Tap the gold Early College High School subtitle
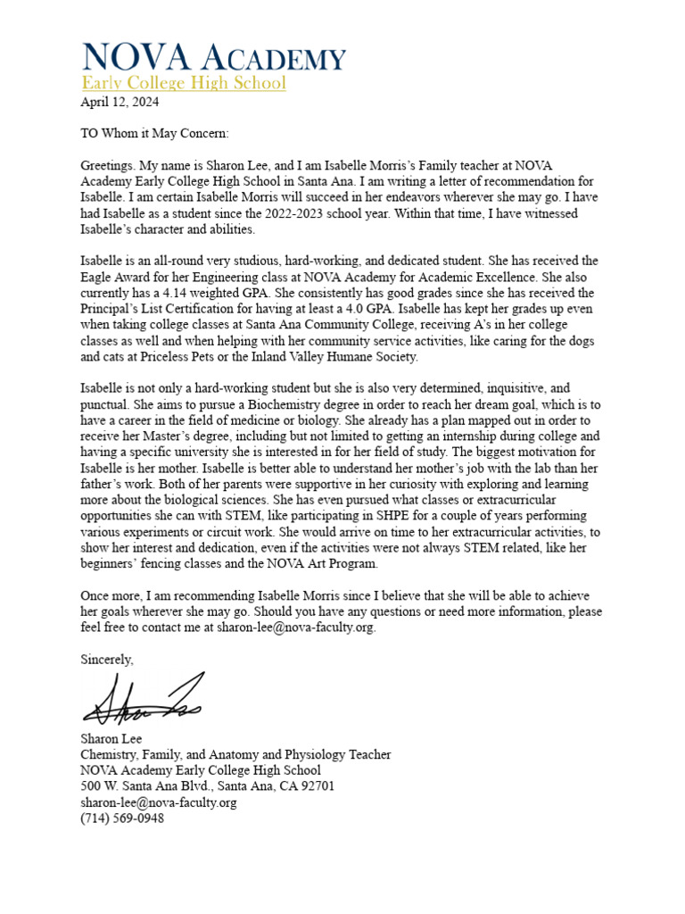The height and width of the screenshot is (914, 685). (183, 83)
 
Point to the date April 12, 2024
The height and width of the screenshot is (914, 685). (120, 102)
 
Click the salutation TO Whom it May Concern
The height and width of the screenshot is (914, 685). (154, 134)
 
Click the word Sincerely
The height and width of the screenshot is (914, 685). (107, 660)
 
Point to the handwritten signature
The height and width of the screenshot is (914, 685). (143, 702)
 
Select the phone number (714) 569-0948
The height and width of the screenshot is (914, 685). (122, 818)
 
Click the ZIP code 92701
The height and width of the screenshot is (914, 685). (317, 786)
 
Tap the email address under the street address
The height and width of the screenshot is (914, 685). (159, 802)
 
